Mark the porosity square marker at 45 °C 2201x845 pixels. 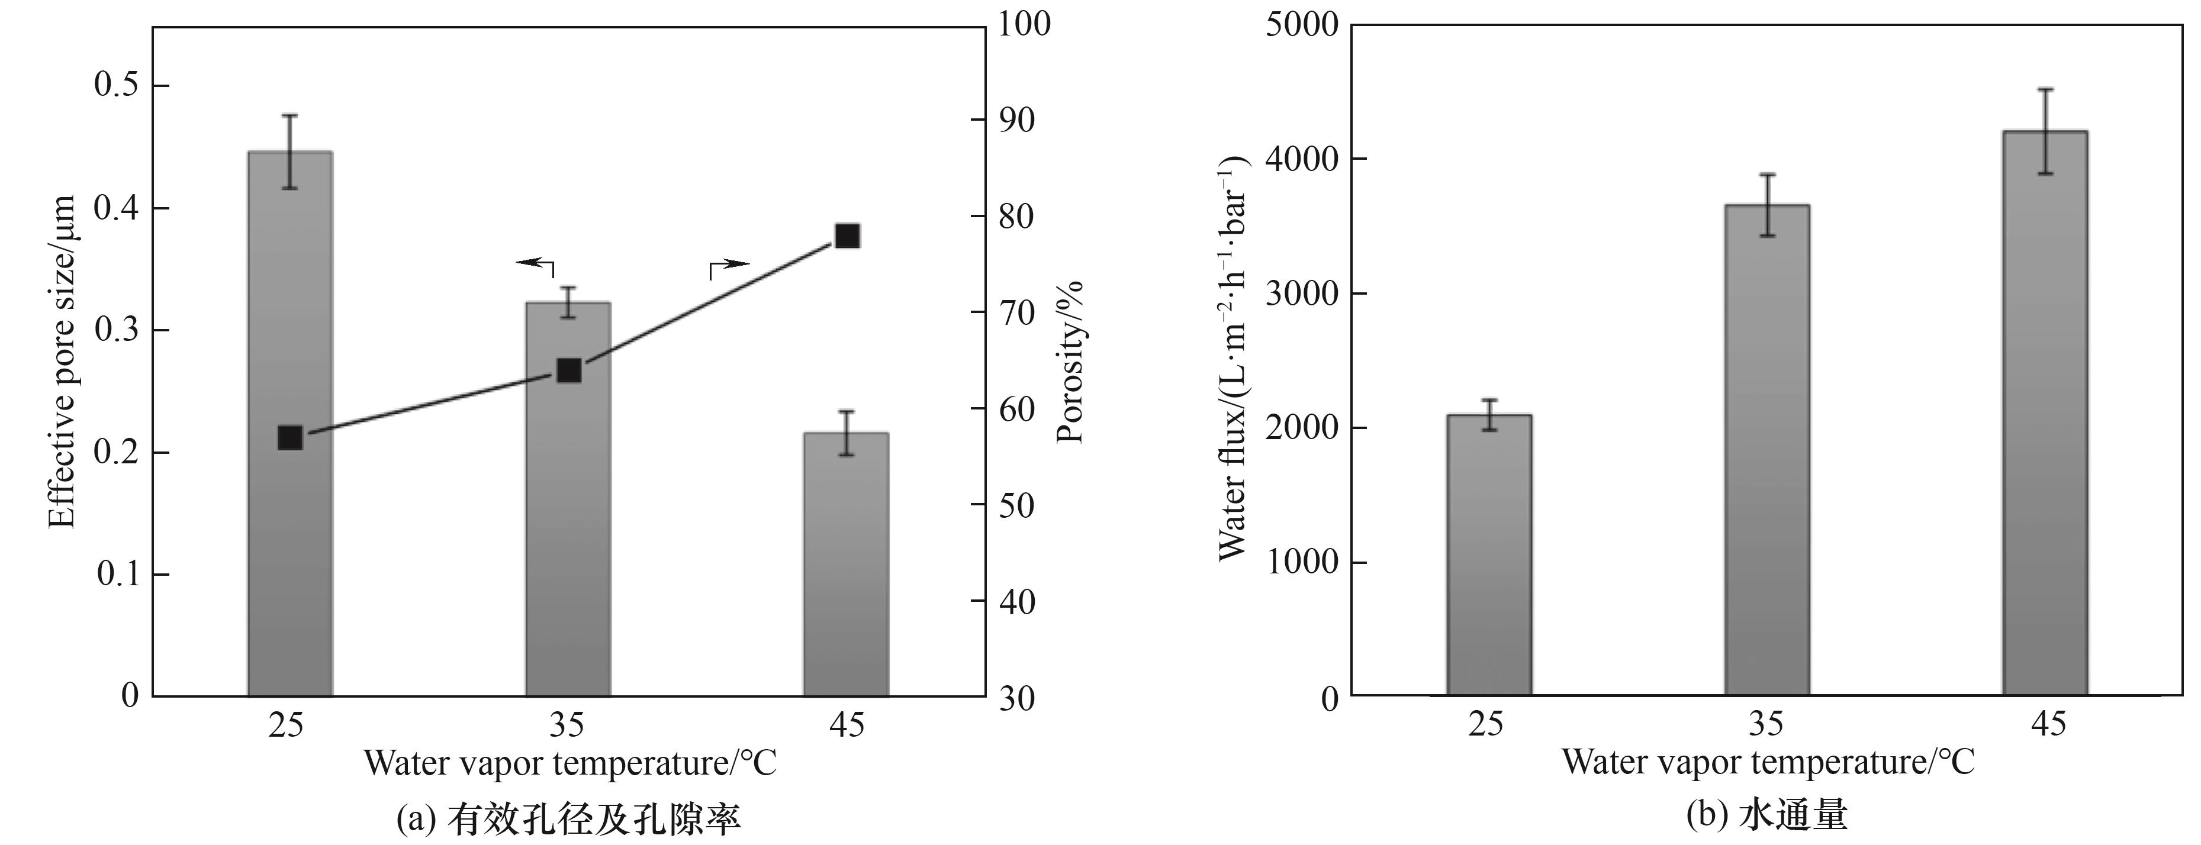(x=847, y=236)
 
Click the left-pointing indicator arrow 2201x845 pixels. (x=535, y=264)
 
